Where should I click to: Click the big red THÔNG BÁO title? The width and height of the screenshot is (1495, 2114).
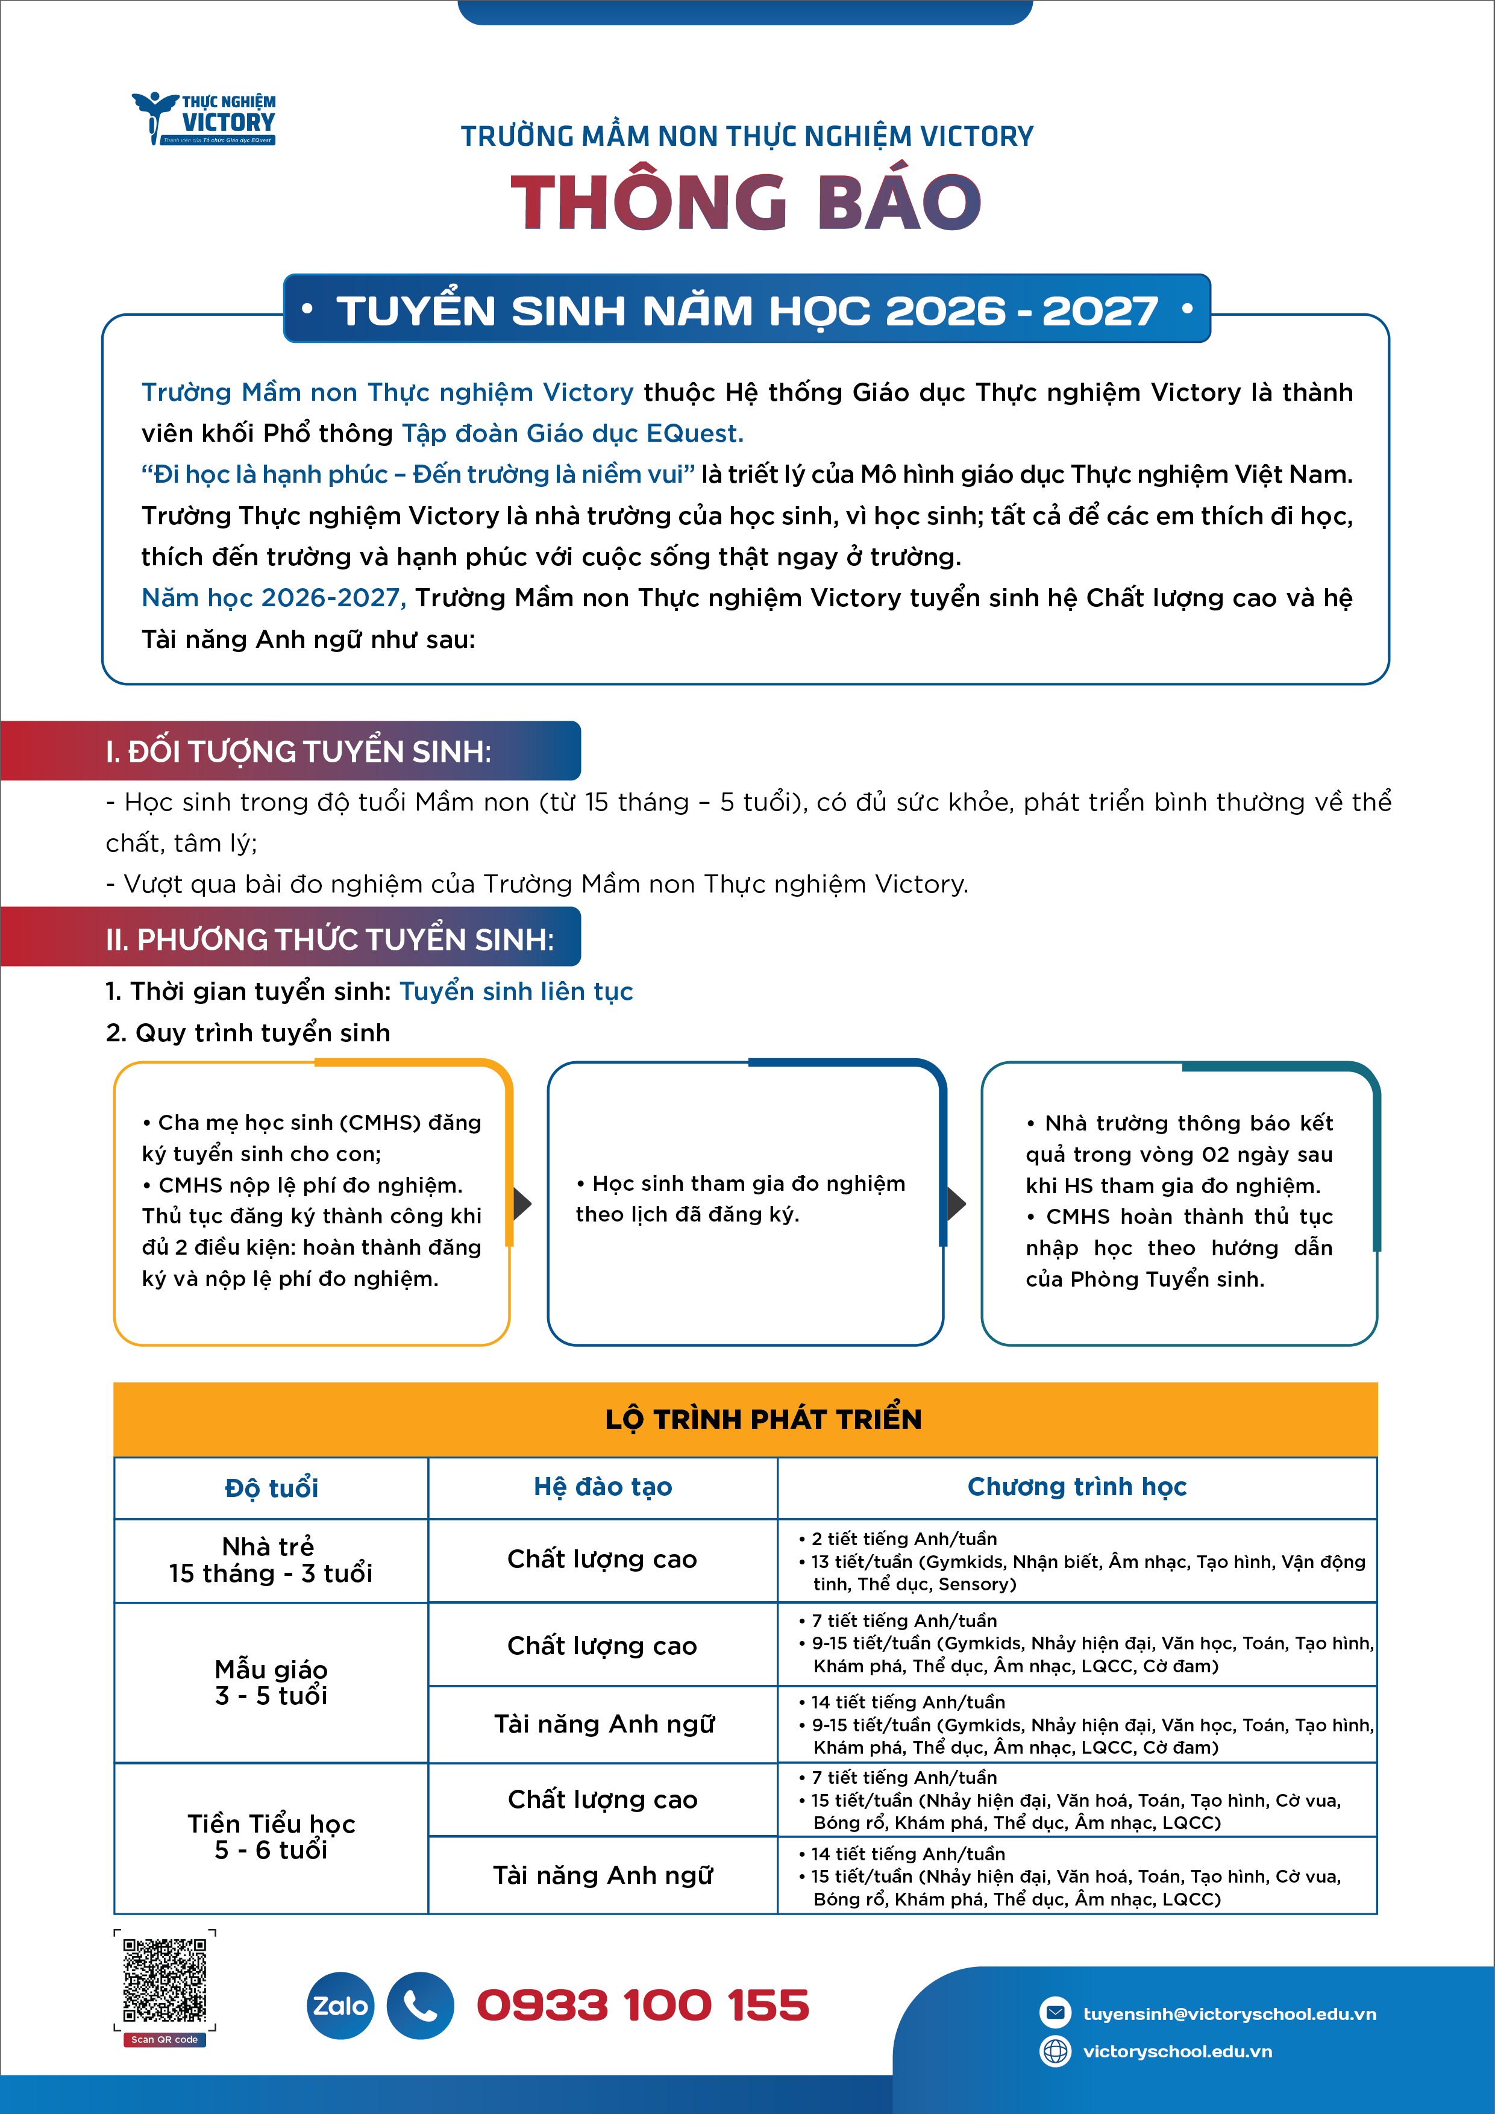tap(745, 202)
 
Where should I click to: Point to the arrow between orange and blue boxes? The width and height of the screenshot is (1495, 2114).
tap(523, 1202)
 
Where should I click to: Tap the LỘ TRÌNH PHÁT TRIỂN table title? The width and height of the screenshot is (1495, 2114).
tap(763, 1419)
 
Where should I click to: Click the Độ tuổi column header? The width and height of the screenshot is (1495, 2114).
tap(272, 1488)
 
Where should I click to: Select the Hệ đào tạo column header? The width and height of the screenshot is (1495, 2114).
tap(603, 1487)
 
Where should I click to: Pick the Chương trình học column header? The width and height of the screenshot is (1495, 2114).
tap(1077, 1487)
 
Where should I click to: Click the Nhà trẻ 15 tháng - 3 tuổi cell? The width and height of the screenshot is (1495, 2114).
tap(271, 1560)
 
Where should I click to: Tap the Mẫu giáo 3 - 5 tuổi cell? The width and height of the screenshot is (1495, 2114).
tap(271, 1682)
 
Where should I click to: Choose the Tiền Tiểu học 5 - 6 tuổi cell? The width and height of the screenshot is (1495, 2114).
tap(271, 1837)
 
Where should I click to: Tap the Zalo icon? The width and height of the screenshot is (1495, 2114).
tap(340, 2006)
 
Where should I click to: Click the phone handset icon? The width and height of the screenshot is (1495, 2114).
tap(420, 2006)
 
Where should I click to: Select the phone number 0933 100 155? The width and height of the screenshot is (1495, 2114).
tap(642, 2006)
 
